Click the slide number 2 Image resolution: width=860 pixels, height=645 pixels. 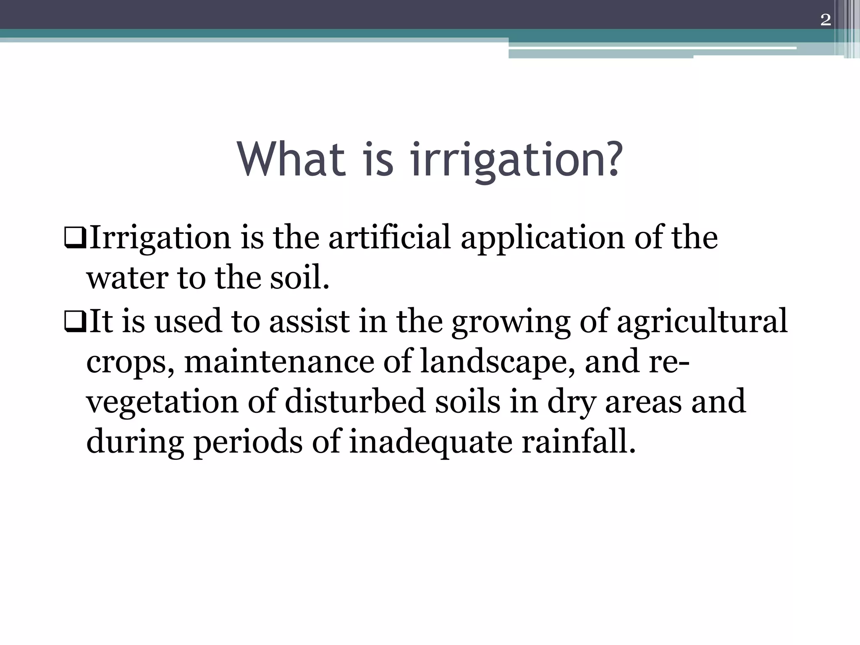click(826, 20)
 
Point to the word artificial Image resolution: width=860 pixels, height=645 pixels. click(389, 238)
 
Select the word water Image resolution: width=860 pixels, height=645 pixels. click(128, 279)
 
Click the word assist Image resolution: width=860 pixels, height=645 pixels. click(309, 321)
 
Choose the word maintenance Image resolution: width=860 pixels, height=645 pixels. click(279, 362)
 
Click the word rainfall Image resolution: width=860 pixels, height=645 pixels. click(578, 442)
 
